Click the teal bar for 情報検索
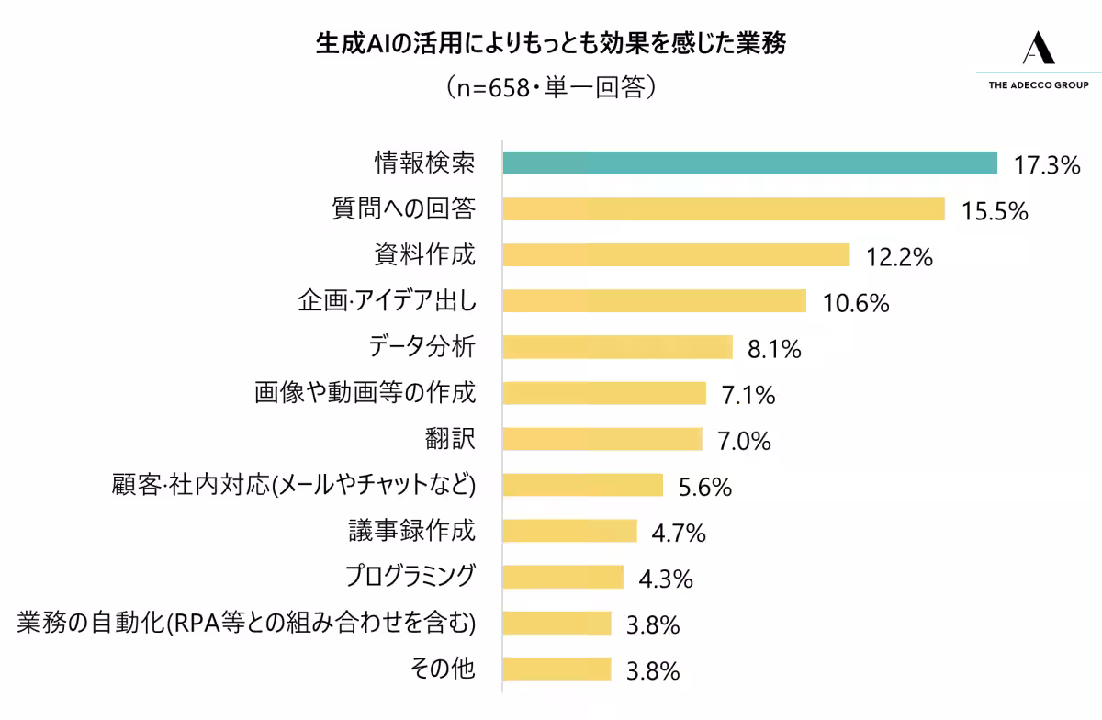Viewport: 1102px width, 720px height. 749,163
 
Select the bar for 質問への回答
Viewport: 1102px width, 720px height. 724,209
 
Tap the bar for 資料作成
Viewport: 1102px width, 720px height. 676,255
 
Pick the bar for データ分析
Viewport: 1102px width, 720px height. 617,347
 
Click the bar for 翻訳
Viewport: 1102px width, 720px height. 602,439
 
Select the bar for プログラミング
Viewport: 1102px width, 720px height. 563,577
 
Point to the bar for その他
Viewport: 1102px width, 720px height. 557,669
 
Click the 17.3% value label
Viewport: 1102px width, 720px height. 1046,166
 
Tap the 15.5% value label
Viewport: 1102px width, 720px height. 994,212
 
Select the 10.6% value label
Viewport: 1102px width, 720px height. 856,304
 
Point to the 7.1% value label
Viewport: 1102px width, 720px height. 748,396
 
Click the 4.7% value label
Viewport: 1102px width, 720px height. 678,534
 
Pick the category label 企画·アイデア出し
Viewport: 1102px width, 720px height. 387,301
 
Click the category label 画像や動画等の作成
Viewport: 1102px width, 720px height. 365,393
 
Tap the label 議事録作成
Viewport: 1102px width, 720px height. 411,531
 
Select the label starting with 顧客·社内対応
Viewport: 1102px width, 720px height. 293,485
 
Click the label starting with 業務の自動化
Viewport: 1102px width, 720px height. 246,623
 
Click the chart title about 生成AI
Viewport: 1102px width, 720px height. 550,43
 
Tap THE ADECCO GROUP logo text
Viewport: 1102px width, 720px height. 1038,84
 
